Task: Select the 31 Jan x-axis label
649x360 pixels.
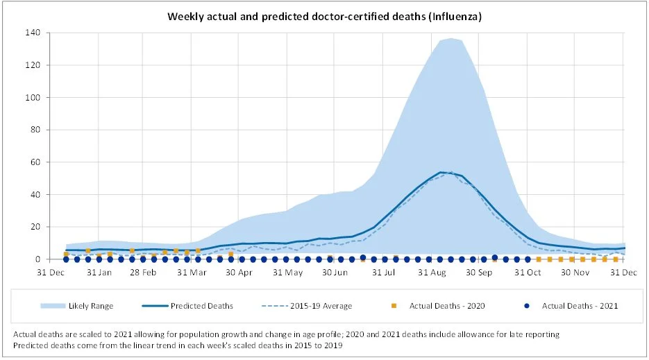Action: pos(100,272)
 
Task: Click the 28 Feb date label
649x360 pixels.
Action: pos(144,272)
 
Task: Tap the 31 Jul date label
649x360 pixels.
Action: pos(383,272)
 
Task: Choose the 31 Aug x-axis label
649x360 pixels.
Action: pos(432,272)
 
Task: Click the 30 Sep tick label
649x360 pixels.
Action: pos(479,272)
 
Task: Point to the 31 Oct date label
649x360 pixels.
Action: pos(528,272)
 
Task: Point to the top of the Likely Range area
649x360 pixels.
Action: pos(450,38)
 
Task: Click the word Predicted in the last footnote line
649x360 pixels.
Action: pos(31,345)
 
